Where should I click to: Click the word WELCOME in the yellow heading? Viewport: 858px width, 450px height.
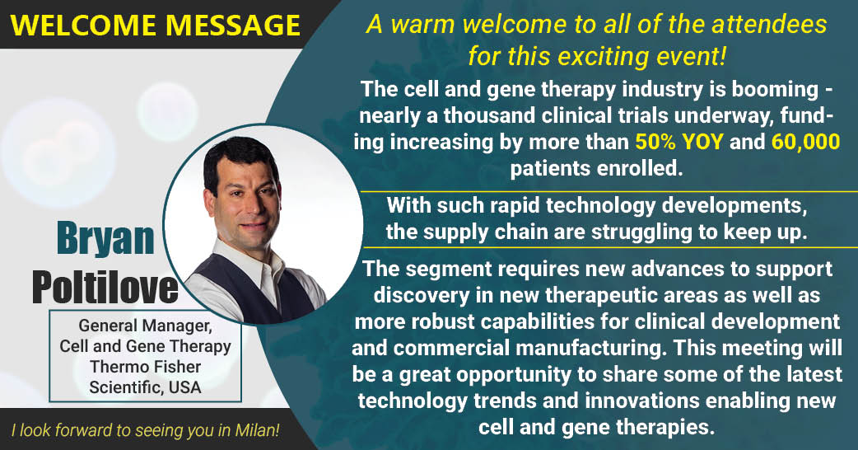click(x=84, y=26)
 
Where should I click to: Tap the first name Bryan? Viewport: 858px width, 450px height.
click(x=105, y=238)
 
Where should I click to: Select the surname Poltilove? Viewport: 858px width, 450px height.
click(x=105, y=287)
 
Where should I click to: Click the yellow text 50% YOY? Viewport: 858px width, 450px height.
click(x=679, y=142)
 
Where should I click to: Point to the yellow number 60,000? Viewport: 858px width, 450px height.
click(x=806, y=142)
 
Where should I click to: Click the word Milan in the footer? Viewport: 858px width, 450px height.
click(x=254, y=430)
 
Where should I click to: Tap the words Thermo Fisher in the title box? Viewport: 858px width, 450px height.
click(x=145, y=367)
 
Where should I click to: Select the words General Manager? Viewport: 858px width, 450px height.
click(x=145, y=326)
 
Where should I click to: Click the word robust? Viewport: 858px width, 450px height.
click(x=444, y=321)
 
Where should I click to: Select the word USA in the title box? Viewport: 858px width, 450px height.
click(x=185, y=387)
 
